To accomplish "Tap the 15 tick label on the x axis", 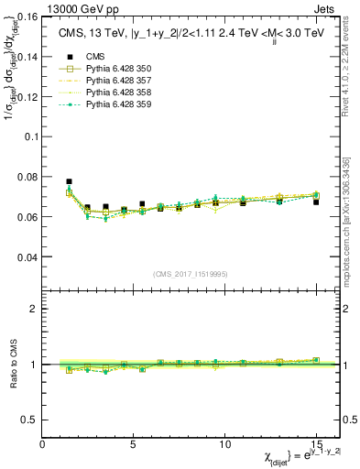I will (x=315, y=445).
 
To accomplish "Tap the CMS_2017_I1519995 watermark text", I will (x=190, y=275).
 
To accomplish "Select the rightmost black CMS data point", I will (x=316, y=202).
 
